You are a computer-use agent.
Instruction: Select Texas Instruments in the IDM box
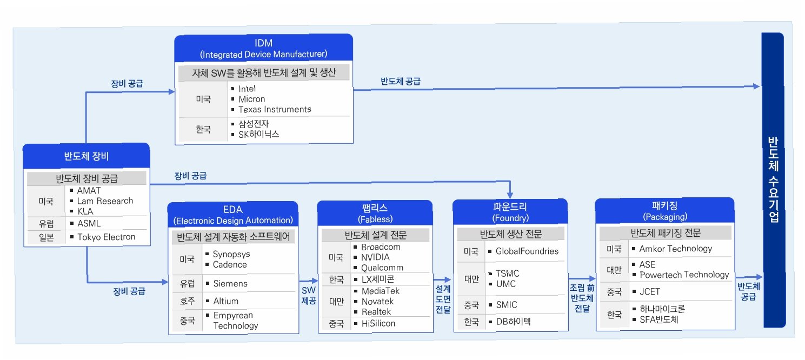click(x=275, y=109)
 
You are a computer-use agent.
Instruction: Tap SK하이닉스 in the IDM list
click(x=258, y=134)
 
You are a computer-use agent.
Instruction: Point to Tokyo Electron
click(x=106, y=237)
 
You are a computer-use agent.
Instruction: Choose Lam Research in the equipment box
click(x=105, y=201)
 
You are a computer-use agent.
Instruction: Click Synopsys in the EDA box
click(x=231, y=254)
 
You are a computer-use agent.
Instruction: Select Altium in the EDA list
click(x=225, y=301)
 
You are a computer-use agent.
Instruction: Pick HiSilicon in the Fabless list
click(x=378, y=323)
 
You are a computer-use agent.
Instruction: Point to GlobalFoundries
click(x=527, y=251)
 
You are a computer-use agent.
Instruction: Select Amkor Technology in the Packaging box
click(x=675, y=249)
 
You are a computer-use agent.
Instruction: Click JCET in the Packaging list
click(x=650, y=292)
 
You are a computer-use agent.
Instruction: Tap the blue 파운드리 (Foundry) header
click(x=509, y=212)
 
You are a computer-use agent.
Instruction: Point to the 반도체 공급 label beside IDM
click(x=400, y=82)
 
